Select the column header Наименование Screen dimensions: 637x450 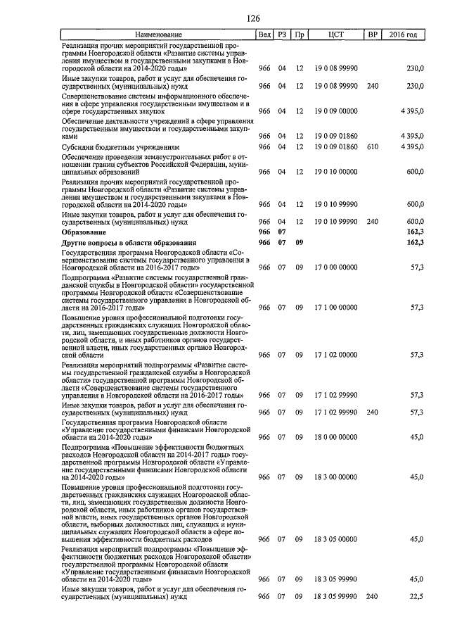[x=158, y=34]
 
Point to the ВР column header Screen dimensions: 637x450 [x=372, y=34]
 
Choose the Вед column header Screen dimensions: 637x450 [x=264, y=34]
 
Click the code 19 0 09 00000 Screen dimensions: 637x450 [x=335, y=111]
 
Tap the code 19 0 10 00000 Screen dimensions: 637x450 [x=335, y=171]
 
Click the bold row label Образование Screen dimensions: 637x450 [x=84, y=232]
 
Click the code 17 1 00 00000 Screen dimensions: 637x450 [x=335, y=307]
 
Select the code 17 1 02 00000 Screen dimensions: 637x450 [x=335, y=355]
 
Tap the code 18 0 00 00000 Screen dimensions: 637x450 [x=335, y=437]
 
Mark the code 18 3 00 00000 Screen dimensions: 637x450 [x=335, y=477]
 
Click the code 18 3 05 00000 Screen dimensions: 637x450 [x=335, y=539]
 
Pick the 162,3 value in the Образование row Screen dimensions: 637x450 [x=414, y=232]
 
